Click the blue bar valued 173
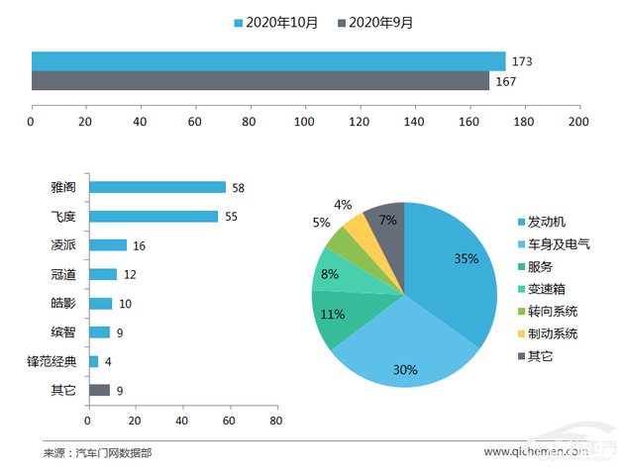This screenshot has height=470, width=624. tap(267, 61)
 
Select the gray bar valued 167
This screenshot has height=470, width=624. tap(260, 81)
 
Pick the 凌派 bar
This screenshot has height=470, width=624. tap(108, 245)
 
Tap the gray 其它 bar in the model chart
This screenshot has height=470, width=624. tap(99, 391)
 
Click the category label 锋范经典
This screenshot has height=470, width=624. tap(57, 361)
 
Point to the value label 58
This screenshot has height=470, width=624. tap(238, 187)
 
